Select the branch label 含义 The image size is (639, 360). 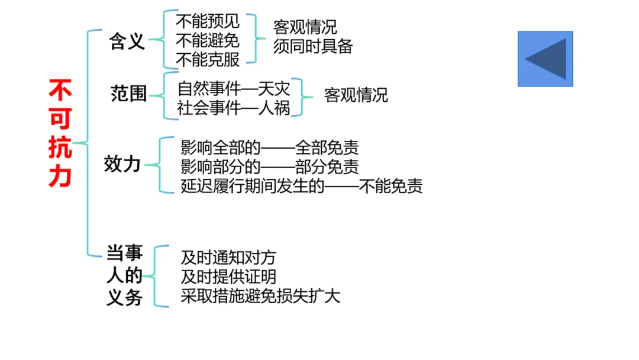click(127, 41)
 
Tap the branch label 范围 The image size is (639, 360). click(128, 94)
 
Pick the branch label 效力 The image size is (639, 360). click(122, 164)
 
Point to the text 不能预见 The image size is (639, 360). click(208, 22)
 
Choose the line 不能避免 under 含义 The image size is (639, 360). click(208, 40)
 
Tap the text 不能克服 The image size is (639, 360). click(208, 59)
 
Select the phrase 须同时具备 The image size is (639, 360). click(312, 47)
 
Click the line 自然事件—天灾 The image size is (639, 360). click(234, 89)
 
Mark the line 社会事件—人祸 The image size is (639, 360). click(234, 108)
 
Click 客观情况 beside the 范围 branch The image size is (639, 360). click(356, 95)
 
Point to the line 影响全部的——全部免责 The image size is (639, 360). click(269, 147)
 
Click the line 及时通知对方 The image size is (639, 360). click(228, 258)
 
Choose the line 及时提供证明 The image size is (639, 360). click(228, 277)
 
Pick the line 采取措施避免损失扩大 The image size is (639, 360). click(260, 296)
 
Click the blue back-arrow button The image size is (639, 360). click(545, 59)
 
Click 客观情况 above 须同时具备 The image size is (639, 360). click(305, 27)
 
